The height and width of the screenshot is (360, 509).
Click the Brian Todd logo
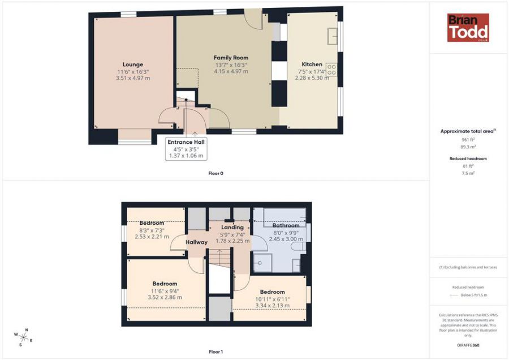tap(468, 28)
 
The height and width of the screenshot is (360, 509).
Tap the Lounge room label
tap(133, 65)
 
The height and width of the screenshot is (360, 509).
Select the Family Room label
tap(231, 58)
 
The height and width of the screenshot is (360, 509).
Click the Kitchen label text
tap(312, 65)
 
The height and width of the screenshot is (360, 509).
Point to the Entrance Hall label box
tap(186, 148)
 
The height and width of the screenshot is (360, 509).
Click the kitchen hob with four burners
tap(331, 70)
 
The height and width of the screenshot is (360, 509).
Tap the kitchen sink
tap(333, 36)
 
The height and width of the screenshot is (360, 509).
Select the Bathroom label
tap(286, 225)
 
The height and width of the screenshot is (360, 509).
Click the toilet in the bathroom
tap(298, 247)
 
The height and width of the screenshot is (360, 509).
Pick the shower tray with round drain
tap(262, 263)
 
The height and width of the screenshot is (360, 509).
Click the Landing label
tap(232, 228)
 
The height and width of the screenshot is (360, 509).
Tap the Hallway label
tap(196, 242)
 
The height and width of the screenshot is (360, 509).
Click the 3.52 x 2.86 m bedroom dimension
tap(165, 297)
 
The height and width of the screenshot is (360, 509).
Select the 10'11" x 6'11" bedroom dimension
tap(273, 299)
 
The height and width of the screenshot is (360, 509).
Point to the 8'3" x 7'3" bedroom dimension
tap(152, 230)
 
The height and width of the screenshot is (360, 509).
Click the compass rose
tap(23, 337)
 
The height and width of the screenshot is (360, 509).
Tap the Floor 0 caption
tap(216, 174)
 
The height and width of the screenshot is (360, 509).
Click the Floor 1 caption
tap(216, 352)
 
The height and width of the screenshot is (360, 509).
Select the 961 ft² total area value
tap(468, 140)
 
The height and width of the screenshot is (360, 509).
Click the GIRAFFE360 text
tap(468, 345)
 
